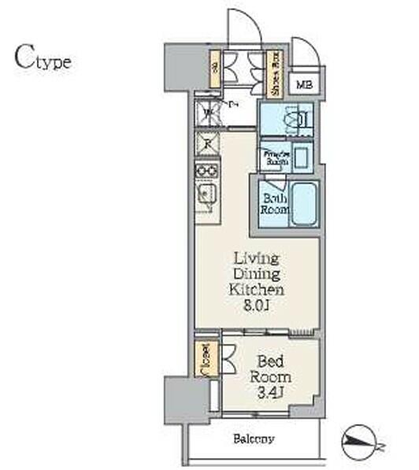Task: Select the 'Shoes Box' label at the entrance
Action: (x=274, y=74)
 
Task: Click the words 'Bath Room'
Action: (x=275, y=204)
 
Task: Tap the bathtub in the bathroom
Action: (x=303, y=203)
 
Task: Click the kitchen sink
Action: (x=207, y=195)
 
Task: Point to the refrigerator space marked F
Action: (x=207, y=144)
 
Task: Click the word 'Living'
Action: (x=256, y=257)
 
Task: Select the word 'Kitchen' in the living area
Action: (x=256, y=291)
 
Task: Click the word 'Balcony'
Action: (x=253, y=439)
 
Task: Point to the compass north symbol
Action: (x=362, y=442)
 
